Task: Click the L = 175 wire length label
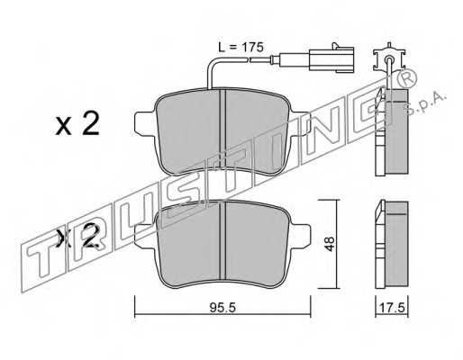(x=241, y=47)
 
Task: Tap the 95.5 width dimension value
(x=222, y=308)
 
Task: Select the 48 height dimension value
(x=330, y=244)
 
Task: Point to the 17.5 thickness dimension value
(x=392, y=308)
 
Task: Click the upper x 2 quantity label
(x=77, y=124)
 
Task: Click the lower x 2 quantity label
(x=78, y=237)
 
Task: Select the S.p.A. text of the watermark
(x=425, y=104)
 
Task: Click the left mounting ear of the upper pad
(x=146, y=123)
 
